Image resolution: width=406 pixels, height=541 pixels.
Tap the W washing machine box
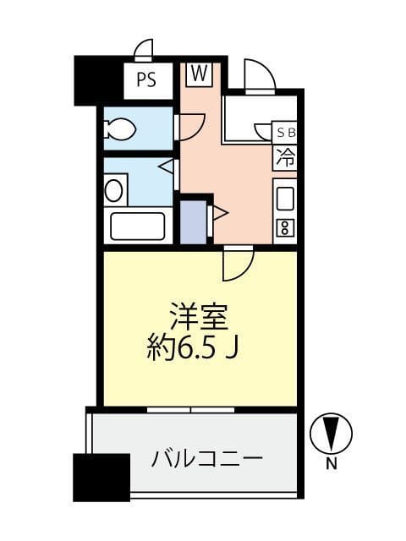pyautogui.click(x=199, y=74)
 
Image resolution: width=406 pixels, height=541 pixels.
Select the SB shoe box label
pyautogui.click(x=285, y=132)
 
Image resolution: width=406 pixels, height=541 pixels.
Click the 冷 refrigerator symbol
pyautogui.click(x=285, y=156)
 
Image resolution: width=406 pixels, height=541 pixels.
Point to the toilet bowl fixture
pyautogui.click(x=119, y=129)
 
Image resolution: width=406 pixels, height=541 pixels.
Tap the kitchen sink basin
pyautogui.click(x=285, y=199)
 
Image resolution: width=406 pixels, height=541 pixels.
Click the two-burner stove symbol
pyautogui.click(x=285, y=227)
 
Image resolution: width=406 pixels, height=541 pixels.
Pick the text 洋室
pyautogui.click(x=200, y=319)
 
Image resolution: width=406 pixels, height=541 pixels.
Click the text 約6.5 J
pyautogui.click(x=200, y=348)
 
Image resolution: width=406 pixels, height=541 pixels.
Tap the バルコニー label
pyautogui.click(x=206, y=461)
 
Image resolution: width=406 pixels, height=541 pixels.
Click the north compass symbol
pyautogui.click(x=331, y=434)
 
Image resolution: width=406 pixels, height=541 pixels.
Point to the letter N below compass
pyautogui.click(x=331, y=462)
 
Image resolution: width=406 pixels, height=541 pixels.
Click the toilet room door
pyautogui.click(x=188, y=127)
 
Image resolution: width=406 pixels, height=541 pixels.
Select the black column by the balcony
pyautogui.click(x=101, y=478)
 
